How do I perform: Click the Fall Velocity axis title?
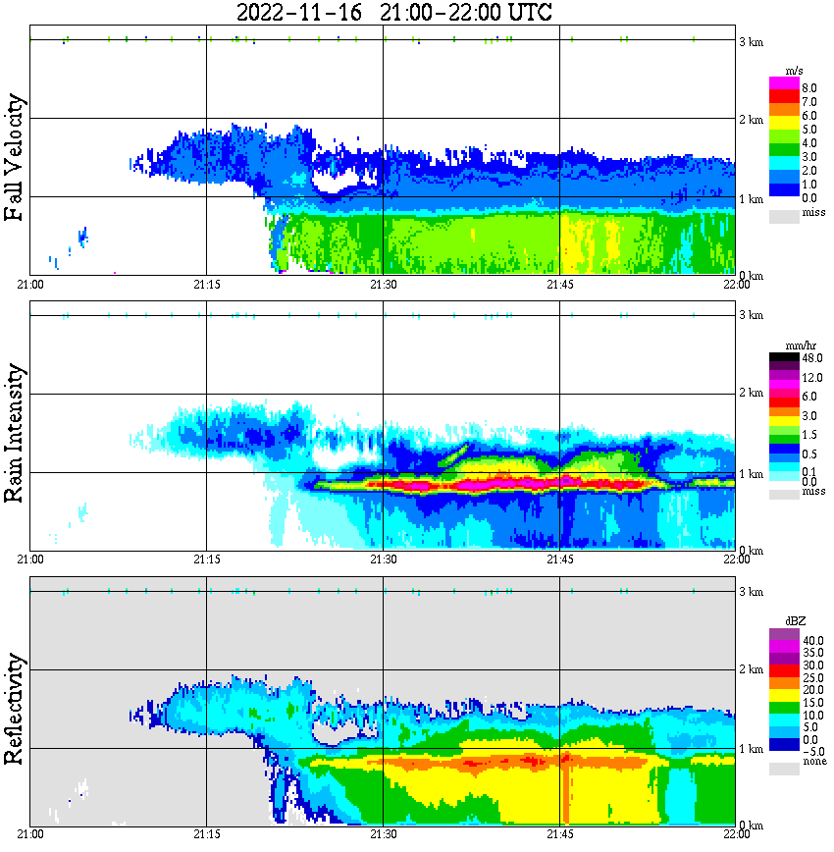pos(15,158)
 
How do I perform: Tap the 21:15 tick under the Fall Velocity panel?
pos(206,284)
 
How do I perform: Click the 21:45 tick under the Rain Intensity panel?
pos(559,559)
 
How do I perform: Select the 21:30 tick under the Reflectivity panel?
pos(383,833)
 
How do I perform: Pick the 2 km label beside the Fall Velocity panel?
pos(751,121)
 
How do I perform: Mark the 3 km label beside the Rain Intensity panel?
pos(751,315)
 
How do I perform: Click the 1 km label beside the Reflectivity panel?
pos(751,749)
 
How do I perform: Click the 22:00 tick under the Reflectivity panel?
pos(735,833)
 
